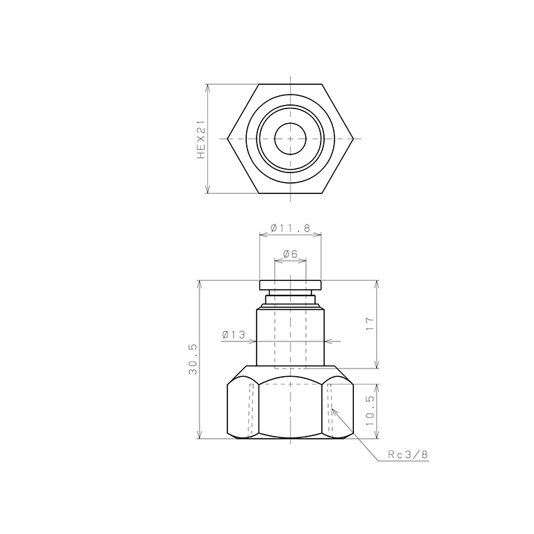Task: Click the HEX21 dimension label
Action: pos(201,139)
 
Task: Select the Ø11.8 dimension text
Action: pos(291,228)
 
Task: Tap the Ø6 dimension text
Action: pos(290,254)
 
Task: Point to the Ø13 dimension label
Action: pos(234,334)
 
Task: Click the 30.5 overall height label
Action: pos(193,359)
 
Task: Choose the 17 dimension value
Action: pos(369,323)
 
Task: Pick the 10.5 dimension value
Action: pos(370,410)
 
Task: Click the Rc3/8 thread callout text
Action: pos(408,454)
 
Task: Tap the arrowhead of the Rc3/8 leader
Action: pos(334,411)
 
